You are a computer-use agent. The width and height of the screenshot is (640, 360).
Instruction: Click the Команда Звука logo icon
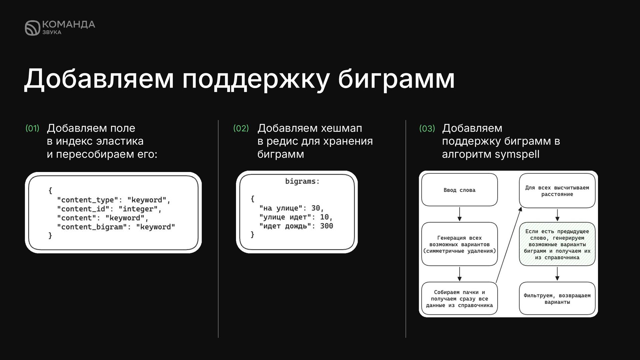pyautogui.click(x=32, y=28)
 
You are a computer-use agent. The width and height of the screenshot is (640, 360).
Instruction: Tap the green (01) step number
pyautogui.click(x=32, y=128)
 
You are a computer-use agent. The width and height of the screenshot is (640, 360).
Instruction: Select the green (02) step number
pyautogui.click(x=241, y=128)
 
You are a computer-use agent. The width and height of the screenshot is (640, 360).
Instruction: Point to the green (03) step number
pyautogui.click(x=427, y=128)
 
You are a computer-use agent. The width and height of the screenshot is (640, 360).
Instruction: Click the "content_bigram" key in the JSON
pyautogui.click(x=90, y=227)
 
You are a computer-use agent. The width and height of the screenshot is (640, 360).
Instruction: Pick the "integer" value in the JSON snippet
pyautogui.click(x=140, y=209)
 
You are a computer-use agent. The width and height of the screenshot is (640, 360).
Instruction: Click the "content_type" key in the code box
pyautogui.click(x=88, y=200)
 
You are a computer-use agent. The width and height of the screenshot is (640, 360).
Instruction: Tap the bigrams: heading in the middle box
pyautogui.click(x=302, y=181)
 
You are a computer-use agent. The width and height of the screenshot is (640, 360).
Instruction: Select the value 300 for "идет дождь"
pyautogui.click(x=326, y=226)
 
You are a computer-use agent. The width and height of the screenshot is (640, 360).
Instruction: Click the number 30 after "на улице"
pyautogui.click(x=315, y=208)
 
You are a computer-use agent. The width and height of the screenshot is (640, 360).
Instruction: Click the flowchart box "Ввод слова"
pyautogui.click(x=459, y=190)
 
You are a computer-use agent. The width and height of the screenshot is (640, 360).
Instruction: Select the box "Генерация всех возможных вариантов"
pyautogui.click(x=459, y=244)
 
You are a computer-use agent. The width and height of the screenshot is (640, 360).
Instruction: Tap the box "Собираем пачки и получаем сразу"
pyautogui.click(x=459, y=299)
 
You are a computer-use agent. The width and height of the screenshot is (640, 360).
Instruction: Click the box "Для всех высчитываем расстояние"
pyautogui.click(x=557, y=191)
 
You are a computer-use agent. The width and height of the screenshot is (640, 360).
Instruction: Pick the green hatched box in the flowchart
pyautogui.click(x=557, y=244)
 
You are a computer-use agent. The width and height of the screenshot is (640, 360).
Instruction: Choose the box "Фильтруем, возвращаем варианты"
pyautogui.click(x=557, y=299)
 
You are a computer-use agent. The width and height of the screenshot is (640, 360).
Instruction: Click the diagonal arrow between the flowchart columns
pyautogui.click(x=509, y=245)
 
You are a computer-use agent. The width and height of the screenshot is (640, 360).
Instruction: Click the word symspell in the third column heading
pyautogui.click(x=517, y=154)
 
